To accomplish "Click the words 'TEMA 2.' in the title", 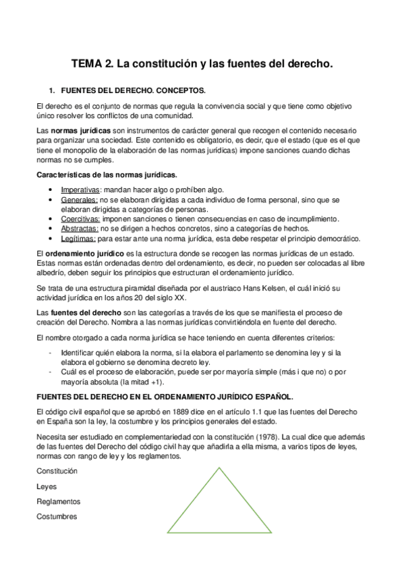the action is point(92,65).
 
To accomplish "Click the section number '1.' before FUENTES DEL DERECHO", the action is point(51,90).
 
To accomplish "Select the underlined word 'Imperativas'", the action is point(81,190).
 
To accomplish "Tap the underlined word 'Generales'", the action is point(79,200).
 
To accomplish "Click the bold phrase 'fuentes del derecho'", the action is point(82,313).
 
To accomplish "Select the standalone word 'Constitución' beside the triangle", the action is point(57,471).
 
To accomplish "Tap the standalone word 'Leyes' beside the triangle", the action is point(47,486).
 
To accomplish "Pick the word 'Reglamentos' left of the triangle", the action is point(58,502).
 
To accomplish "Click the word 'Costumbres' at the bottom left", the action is point(57,517).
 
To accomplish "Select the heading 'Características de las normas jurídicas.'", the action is point(107,175).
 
